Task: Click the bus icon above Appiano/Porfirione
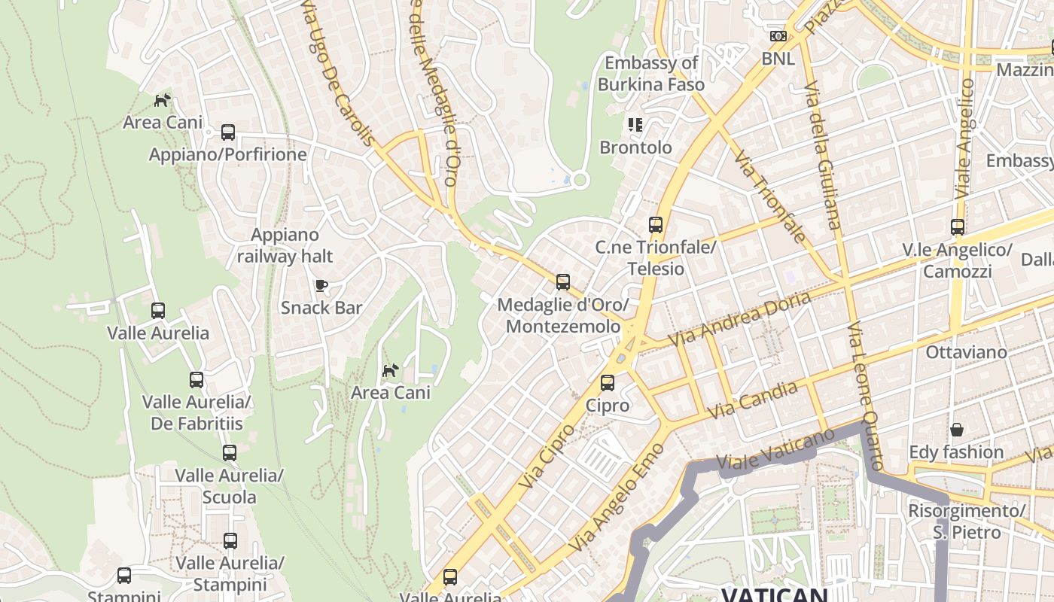pyautogui.click(x=228, y=132)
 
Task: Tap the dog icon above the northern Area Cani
pyautogui.click(x=162, y=100)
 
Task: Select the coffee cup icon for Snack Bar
pyautogui.click(x=321, y=285)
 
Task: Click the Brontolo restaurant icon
pyautogui.click(x=635, y=125)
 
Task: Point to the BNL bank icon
pyautogui.click(x=778, y=36)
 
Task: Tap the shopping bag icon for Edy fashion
pyautogui.click(x=956, y=430)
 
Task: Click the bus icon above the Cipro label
pyautogui.click(x=608, y=383)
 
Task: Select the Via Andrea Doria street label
pyautogui.click(x=739, y=319)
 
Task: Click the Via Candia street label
pyautogui.click(x=752, y=400)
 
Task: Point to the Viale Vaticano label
pyautogui.click(x=775, y=449)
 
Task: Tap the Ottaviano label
pyautogui.click(x=966, y=352)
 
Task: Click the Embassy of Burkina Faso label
pyautogui.click(x=651, y=74)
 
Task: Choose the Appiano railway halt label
pyautogui.click(x=285, y=245)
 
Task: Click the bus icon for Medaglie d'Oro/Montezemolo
pyautogui.click(x=562, y=282)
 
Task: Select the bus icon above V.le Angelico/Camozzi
pyautogui.click(x=957, y=227)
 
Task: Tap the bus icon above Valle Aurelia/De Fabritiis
pyautogui.click(x=196, y=380)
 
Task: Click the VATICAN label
pyautogui.click(x=775, y=594)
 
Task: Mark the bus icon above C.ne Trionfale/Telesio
pyautogui.click(x=656, y=225)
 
